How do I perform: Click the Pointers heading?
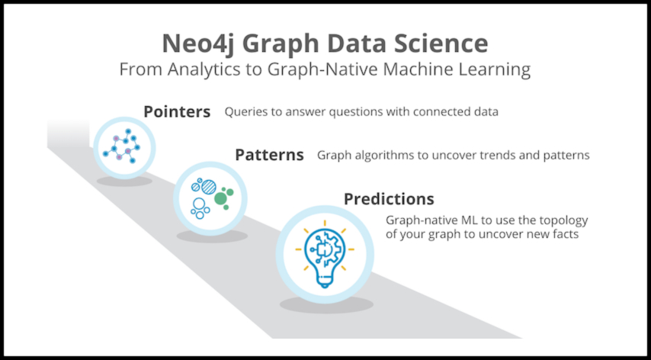tap(177, 111)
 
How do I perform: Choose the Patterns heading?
tap(269, 155)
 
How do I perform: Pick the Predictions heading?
tap(389, 199)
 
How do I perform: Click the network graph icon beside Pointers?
tap(121, 146)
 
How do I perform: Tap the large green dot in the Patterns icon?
tap(220, 198)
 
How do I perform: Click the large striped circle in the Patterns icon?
tap(208, 187)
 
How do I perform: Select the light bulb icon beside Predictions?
tap(325, 254)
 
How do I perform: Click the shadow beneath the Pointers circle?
tap(124, 181)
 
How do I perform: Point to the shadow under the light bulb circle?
tap(326, 304)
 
